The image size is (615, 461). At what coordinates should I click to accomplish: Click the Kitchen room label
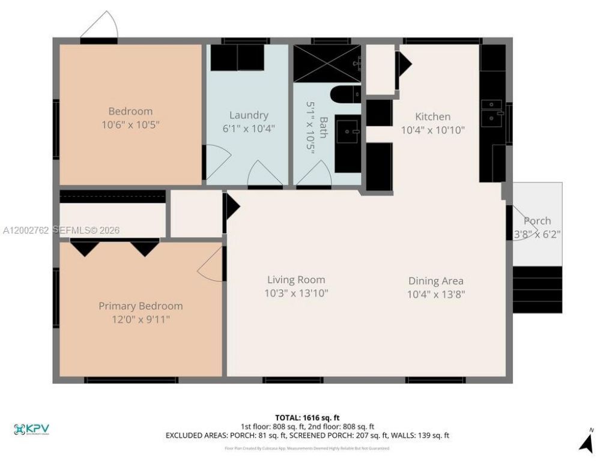[432, 116]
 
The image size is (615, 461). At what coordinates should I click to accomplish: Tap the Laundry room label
[249, 115]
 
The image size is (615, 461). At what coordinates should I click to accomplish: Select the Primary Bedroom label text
[141, 306]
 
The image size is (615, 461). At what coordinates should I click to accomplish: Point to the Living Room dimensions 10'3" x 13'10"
[296, 293]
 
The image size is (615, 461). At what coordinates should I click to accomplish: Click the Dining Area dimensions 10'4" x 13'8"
[435, 294]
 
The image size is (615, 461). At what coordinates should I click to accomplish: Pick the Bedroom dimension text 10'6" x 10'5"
[130, 124]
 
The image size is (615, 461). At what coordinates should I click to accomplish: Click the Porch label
[537, 220]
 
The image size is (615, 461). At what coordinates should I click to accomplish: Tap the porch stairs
[537, 289]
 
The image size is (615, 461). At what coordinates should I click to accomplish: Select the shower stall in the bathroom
[327, 63]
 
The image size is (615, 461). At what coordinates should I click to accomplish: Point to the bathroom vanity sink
[347, 132]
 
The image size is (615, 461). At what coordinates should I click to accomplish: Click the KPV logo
[31, 429]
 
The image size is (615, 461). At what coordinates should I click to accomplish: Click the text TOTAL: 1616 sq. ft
[307, 417]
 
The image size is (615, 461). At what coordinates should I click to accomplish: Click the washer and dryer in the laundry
[237, 58]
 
